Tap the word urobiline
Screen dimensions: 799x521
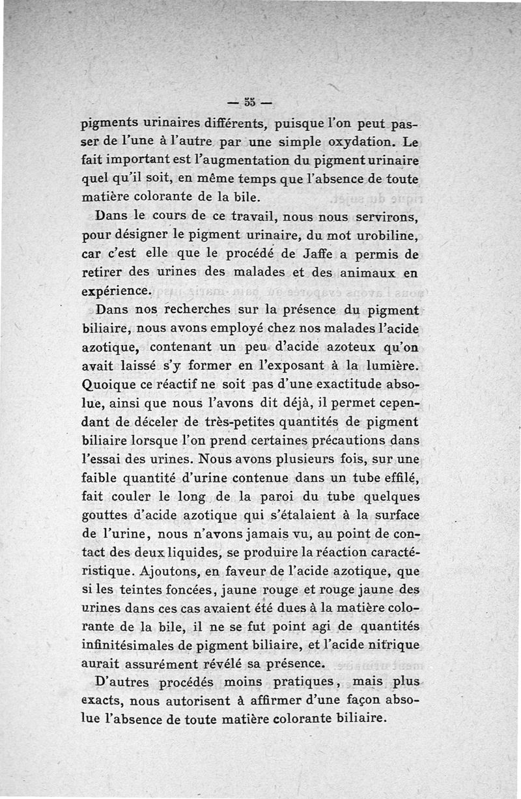(386, 233)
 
